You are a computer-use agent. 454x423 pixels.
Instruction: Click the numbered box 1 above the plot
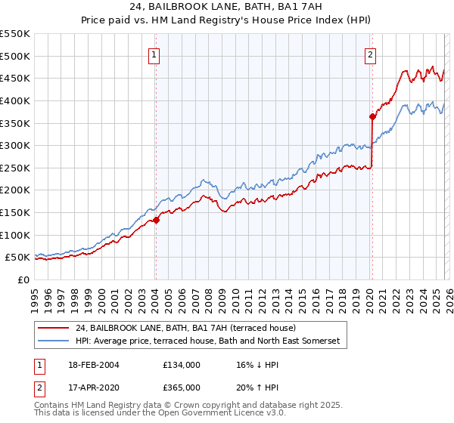click(154, 54)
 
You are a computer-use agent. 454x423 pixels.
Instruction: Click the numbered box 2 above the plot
click(371, 54)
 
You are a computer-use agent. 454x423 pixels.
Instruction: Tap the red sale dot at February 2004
click(156, 220)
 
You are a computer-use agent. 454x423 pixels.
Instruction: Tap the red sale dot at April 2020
click(372, 116)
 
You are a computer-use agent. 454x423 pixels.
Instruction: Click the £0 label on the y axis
click(24, 280)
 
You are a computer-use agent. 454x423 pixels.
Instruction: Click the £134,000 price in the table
click(181, 364)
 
